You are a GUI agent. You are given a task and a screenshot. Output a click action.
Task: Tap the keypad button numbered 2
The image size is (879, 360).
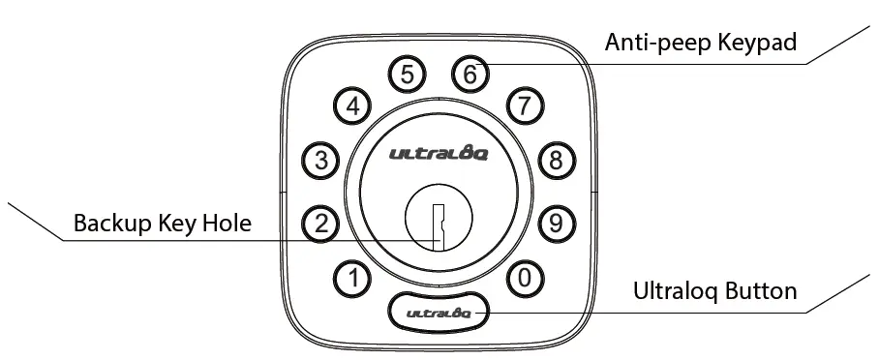coord(321,224)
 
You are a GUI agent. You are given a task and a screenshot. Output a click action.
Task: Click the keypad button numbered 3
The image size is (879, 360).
coord(321,161)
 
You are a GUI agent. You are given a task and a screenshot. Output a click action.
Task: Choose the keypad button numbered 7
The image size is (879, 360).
coord(524,106)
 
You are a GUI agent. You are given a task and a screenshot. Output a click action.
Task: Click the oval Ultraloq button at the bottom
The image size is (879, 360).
coord(439,311)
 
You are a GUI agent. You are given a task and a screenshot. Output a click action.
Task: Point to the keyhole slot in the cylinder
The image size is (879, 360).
coord(439,226)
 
